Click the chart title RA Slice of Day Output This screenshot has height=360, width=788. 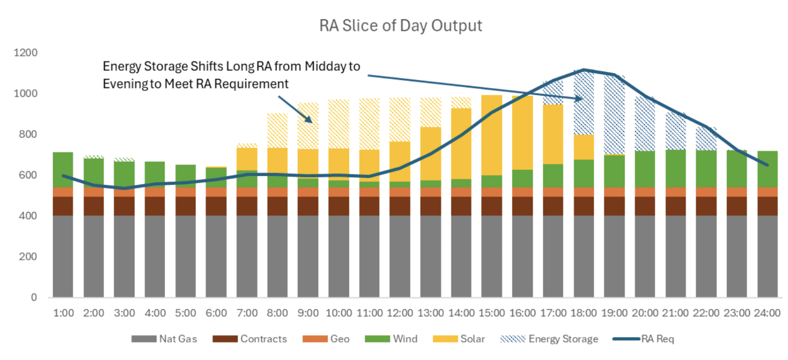click(400, 26)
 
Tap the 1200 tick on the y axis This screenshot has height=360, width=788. click(25, 52)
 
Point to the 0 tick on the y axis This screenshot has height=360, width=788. click(34, 297)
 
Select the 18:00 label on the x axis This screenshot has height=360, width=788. click(584, 313)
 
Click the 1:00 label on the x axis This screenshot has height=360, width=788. click(63, 313)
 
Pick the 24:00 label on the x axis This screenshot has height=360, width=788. click(767, 313)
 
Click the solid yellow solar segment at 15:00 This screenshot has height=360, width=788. click(492, 135)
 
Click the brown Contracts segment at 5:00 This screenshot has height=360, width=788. click(186, 206)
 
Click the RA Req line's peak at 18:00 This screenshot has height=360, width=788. click(584, 70)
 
